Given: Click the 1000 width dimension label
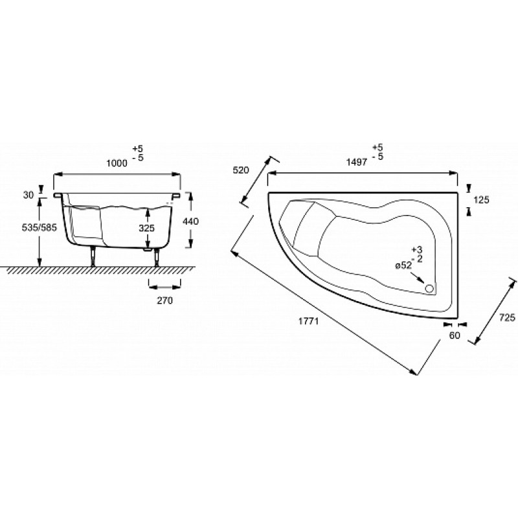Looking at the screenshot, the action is pyautogui.click(x=117, y=163).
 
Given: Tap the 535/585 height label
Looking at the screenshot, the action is pyautogui.click(x=39, y=228).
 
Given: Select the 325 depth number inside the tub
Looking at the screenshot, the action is pyautogui.click(x=147, y=228).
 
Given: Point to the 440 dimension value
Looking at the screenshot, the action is pyautogui.click(x=190, y=221).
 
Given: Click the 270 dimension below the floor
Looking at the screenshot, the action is pyautogui.click(x=164, y=300).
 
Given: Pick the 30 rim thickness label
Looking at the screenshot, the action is pyautogui.click(x=28, y=196).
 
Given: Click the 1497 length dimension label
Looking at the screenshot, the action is pyautogui.click(x=357, y=162).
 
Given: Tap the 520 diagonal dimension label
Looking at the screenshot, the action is pyautogui.click(x=241, y=170).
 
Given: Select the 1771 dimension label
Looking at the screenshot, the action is pyautogui.click(x=309, y=321).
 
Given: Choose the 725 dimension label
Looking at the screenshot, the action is pyautogui.click(x=507, y=317).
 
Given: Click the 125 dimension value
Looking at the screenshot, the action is pyautogui.click(x=481, y=200).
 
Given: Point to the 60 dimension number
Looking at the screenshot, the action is pyautogui.click(x=455, y=335).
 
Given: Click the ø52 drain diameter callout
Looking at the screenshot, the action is pyautogui.click(x=403, y=265).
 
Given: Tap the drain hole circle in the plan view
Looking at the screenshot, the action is pyautogui.click(x=429, y=288).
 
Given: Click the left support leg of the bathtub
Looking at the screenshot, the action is pyautogui.click(x=94, y=256).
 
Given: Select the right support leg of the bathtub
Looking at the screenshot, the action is pyautogui.click(x=157, y=257).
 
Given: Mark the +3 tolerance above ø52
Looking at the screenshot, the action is pyautogui.click(x=417, y=250).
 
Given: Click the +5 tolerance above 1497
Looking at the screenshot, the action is pyautogui.click(x=377, y=148).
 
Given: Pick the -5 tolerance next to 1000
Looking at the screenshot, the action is pyautogui.click(x=138, y=157).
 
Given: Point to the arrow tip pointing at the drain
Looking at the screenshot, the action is pyautogui.click(x=425, y=284).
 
